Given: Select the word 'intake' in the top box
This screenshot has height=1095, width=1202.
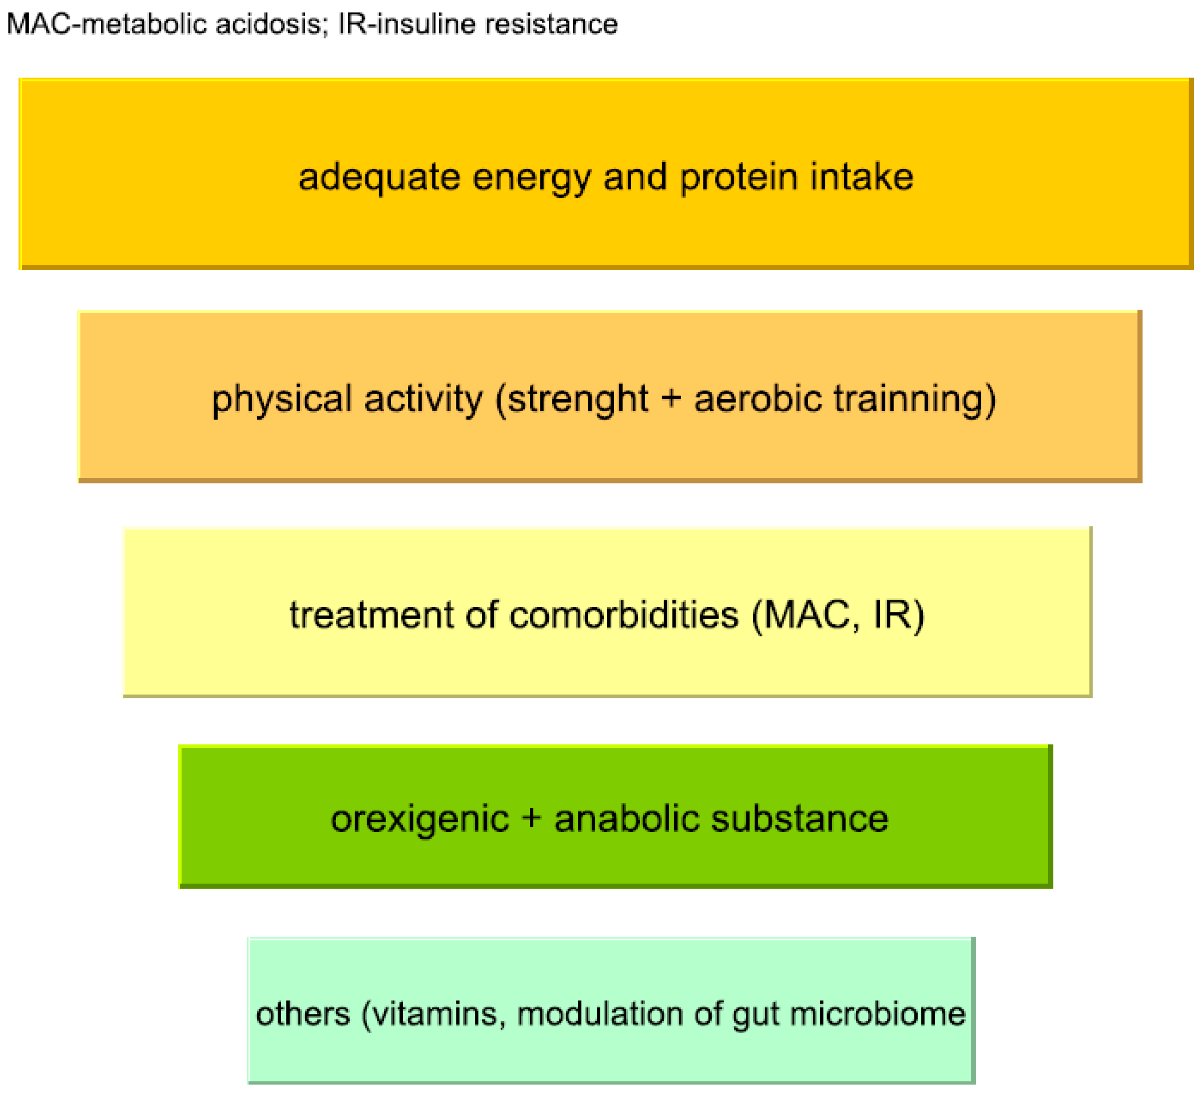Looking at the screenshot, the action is coord(861,177).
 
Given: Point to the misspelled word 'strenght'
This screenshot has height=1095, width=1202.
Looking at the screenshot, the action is coord(578,399).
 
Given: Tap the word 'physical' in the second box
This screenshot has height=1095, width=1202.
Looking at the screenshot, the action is coord(282,400).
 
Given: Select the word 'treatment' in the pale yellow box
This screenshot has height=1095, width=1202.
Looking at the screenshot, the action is coord(372,615).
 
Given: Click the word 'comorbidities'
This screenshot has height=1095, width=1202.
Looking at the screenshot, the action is coord(624,615).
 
